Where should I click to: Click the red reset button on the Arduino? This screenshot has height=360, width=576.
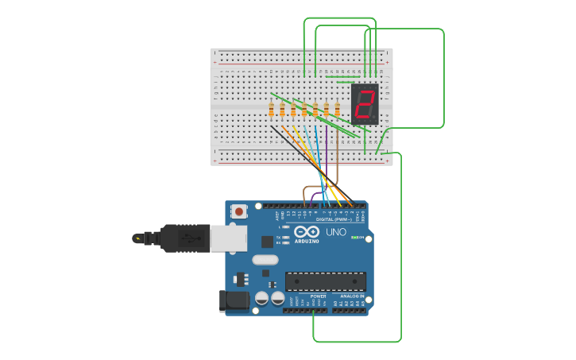(x=238, y=211)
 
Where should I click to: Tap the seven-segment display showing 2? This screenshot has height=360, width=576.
(x=365, y=103)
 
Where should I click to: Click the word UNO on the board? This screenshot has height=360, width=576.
(x=336, y=232)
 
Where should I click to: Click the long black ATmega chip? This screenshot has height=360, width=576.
(x=326, y=281)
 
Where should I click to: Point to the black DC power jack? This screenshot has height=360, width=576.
(x=231, y=300)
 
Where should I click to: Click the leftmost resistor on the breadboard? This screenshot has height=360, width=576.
(x=272, y=110)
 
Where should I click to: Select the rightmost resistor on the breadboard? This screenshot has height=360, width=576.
(x=337, y=110)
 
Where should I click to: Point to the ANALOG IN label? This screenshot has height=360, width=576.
(x=352, y=296)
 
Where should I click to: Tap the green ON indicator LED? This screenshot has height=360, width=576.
(x=358, y=237)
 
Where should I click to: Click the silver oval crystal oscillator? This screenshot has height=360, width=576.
(x=265, y=260)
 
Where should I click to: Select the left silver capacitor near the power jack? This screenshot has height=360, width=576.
(x=261, y=299)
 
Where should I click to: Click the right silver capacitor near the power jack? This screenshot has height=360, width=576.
(x=277, y=299)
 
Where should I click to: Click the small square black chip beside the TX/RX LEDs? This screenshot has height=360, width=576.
(x=267, y=241)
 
